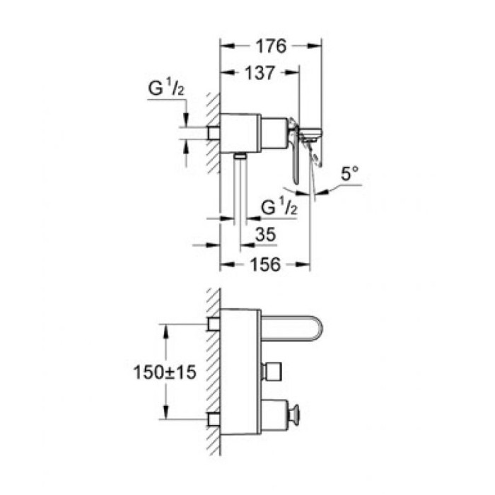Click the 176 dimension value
pyautogui.click(x=269, y=47)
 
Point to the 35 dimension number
pyautogui.click(x=267, y=234)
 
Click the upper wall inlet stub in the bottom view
pyautogui.click(x=214, y=325)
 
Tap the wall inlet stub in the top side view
pyautogui.click(x=213, y=132)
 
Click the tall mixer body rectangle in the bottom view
pyautogui.click(x=240, y=371)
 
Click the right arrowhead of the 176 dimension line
pyautogui.click(x=320, y=47)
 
